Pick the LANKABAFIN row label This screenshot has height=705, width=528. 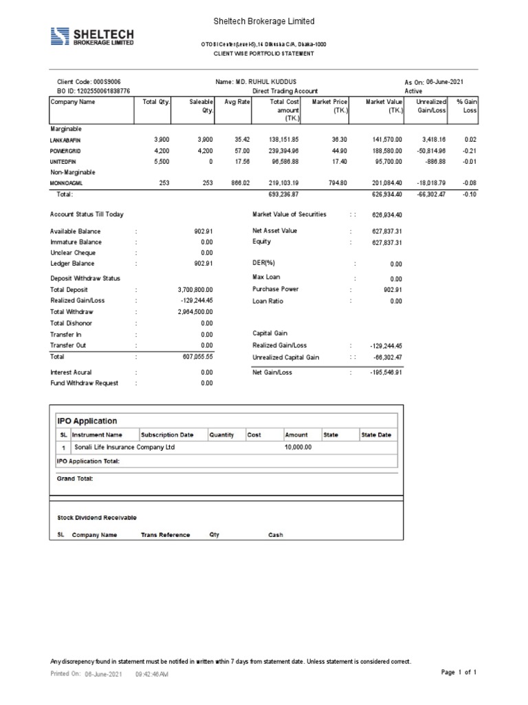[x=66, y=140]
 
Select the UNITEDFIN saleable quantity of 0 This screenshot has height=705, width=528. [x=210, y=162]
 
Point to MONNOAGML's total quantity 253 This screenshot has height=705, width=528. [x=162, y=184]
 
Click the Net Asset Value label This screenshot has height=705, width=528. [x=275, y=231]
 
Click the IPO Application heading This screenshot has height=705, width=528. [x=87, y=421]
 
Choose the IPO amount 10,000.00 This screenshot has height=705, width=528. [x=298, y=447]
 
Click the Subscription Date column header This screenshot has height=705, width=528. [x=167, y=435]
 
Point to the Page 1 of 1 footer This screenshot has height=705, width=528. [x=458, y=672]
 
